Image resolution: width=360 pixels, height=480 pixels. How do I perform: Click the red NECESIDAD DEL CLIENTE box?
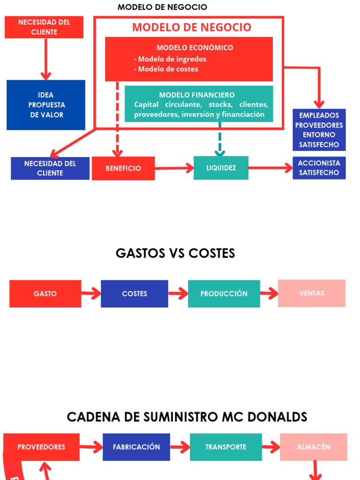click(44, 27)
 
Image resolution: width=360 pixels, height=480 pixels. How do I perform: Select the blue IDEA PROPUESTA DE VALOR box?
click(46, 105)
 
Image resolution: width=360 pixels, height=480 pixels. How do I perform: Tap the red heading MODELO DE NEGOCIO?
click(191, 27)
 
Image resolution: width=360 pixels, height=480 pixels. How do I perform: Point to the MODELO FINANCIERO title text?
click(197, 95)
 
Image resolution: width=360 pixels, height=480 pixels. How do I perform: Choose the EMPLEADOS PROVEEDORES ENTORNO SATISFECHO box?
click(319, 130)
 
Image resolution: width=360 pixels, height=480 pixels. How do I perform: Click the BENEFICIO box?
click(123, 168)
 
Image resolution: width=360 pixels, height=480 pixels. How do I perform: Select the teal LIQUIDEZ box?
click(221, 168)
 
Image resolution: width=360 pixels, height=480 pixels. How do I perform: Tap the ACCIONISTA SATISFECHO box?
click(319, 168)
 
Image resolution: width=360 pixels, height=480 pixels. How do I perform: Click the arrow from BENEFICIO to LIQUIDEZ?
click(174, 168)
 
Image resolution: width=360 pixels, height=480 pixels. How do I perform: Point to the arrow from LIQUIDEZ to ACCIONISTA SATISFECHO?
click(270, 168)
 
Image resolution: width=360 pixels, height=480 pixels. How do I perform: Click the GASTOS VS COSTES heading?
click(175, 253)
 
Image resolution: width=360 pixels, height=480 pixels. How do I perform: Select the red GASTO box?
click(45, 293)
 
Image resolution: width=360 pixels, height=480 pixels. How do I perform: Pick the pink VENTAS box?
click(312, 293)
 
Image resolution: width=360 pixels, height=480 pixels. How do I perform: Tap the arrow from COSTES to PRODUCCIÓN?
click(178, 294)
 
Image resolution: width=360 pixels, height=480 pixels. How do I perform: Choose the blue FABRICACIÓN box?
click(136, 447)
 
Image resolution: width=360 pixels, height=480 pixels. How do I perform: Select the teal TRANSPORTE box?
click(225, 447)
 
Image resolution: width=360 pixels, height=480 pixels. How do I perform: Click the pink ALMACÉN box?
click(314, 447)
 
